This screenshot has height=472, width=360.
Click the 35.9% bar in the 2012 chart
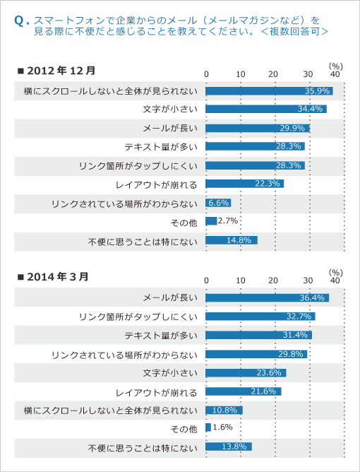tap(269, 91)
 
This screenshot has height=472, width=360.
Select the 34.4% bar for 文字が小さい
tap(266, 109)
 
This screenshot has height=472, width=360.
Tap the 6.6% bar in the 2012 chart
tap(218, 203)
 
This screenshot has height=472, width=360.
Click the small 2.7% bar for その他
tap(211, 221)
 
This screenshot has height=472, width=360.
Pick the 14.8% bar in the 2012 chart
tap(232, 240)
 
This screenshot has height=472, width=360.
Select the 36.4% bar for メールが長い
tap(268, 297)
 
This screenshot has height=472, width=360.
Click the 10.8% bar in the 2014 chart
tap(224, 410)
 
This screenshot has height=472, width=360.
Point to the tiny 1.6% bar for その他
tap(208, 427)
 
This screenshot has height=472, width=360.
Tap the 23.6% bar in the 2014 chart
tap(246, 373)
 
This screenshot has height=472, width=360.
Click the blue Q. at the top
tap(22, 21)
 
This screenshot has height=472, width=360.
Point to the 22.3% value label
tap(268, 183)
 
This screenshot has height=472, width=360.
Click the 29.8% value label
tap(291, 354)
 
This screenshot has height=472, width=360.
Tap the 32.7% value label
tap(299, 317)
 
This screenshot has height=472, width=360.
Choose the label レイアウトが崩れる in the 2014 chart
tap(157, 393)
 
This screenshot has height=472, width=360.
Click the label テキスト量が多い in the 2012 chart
tap(161, 147)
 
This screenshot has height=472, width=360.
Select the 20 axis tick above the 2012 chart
tap(273, 74)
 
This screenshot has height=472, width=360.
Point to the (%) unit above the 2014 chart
tap(335, 273)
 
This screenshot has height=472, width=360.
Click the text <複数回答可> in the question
tap(295, 31)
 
